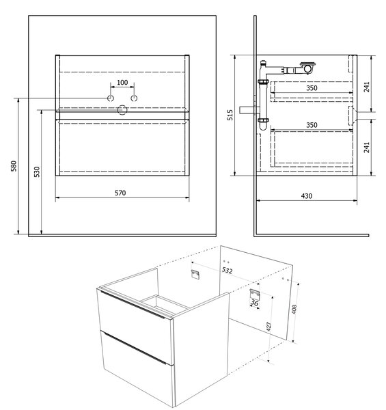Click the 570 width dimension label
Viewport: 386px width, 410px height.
[x=120, y=193]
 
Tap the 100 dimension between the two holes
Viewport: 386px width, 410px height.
[x=122, y=83]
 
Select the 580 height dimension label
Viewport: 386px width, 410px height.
[x=14, y=166]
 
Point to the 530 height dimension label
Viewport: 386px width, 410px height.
[x=37, y=172]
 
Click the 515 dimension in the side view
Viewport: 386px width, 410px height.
[x=230, y=115]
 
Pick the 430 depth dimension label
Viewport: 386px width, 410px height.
[x=307, y=196]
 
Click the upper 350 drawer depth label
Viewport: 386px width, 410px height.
[x=312, y=88]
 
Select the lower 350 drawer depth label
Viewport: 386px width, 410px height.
[x=312, y=125]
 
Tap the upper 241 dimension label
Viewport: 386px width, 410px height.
[x=367, y=87]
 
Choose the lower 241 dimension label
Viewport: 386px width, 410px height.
[x=367, y=148]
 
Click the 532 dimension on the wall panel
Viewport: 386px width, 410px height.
[x=227, y=270]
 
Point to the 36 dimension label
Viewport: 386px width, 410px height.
[x=255, y=303]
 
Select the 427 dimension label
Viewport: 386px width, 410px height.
[x=268, y=327]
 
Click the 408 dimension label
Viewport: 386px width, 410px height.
[x=294, y=310]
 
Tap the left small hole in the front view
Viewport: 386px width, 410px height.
[x=111, y=98]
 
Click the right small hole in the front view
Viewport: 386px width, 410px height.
[x=134, y=98]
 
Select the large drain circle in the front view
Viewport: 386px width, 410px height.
[x=122, y=110]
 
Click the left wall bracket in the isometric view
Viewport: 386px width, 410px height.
[x=195, y=274]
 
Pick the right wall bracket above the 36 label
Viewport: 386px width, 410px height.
[x=255, y=294]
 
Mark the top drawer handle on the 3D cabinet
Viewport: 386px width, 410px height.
[x=132, y=305]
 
